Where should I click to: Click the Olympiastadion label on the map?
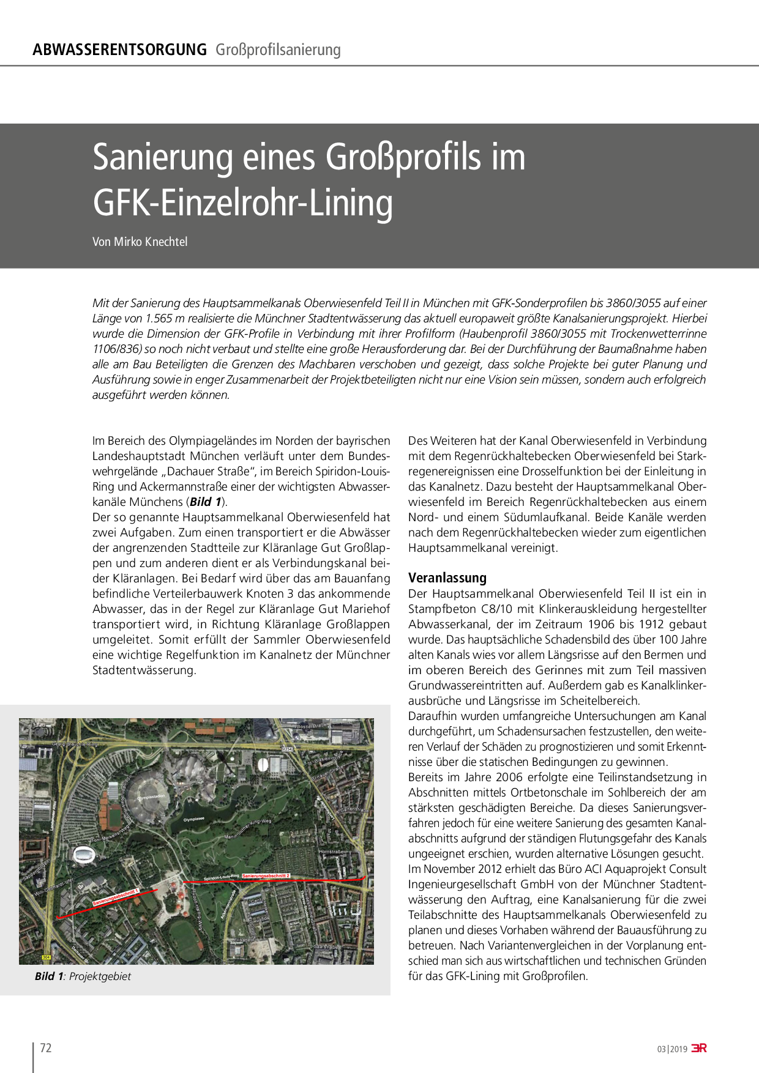(151, 798)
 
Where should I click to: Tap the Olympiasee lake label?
(195, 819)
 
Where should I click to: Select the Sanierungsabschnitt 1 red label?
(116, 897)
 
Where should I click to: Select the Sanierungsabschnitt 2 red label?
(266, 876)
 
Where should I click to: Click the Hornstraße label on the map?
(330, 852)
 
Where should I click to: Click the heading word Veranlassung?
(447, 577)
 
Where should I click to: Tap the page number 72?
(46, 1048)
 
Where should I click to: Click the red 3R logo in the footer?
(699, 1048)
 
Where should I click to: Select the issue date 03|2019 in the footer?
(672, 1049)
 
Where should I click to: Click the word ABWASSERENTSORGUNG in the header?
(119, 50)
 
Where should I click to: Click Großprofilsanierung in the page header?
(278, 50)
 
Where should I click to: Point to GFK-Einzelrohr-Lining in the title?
(242, 203)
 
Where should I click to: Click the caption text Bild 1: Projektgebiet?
(83, 976)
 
